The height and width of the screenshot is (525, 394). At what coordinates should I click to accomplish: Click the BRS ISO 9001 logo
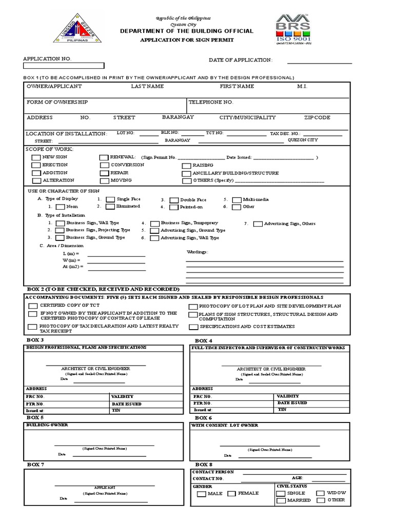(x=294, y=29)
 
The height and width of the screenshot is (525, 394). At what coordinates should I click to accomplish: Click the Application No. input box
(x=64, y=66)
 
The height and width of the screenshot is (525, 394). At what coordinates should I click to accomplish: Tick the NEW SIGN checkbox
(x=36, y=158)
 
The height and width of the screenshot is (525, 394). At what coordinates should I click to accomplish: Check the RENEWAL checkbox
(x=104, y=158)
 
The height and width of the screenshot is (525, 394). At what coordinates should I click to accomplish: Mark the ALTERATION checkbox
(x=36, y=181)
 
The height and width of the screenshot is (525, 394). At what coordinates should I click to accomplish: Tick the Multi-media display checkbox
(x=236, y=200)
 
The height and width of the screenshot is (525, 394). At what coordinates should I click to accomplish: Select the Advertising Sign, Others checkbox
(x=258, y=224)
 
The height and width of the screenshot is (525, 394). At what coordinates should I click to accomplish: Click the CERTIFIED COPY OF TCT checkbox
(x=32, y=306)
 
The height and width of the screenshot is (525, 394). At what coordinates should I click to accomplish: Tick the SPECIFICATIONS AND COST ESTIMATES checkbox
(x=193, y=327)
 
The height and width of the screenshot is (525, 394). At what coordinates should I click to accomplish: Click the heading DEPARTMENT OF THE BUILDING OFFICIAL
(x=186, y=31)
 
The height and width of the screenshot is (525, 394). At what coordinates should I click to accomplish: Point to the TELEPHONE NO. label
(x=211, y=102)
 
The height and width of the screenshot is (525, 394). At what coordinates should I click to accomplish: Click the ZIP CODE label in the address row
(x=317, y=117)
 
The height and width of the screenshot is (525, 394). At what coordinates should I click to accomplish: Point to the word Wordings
(x=197, y=252)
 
